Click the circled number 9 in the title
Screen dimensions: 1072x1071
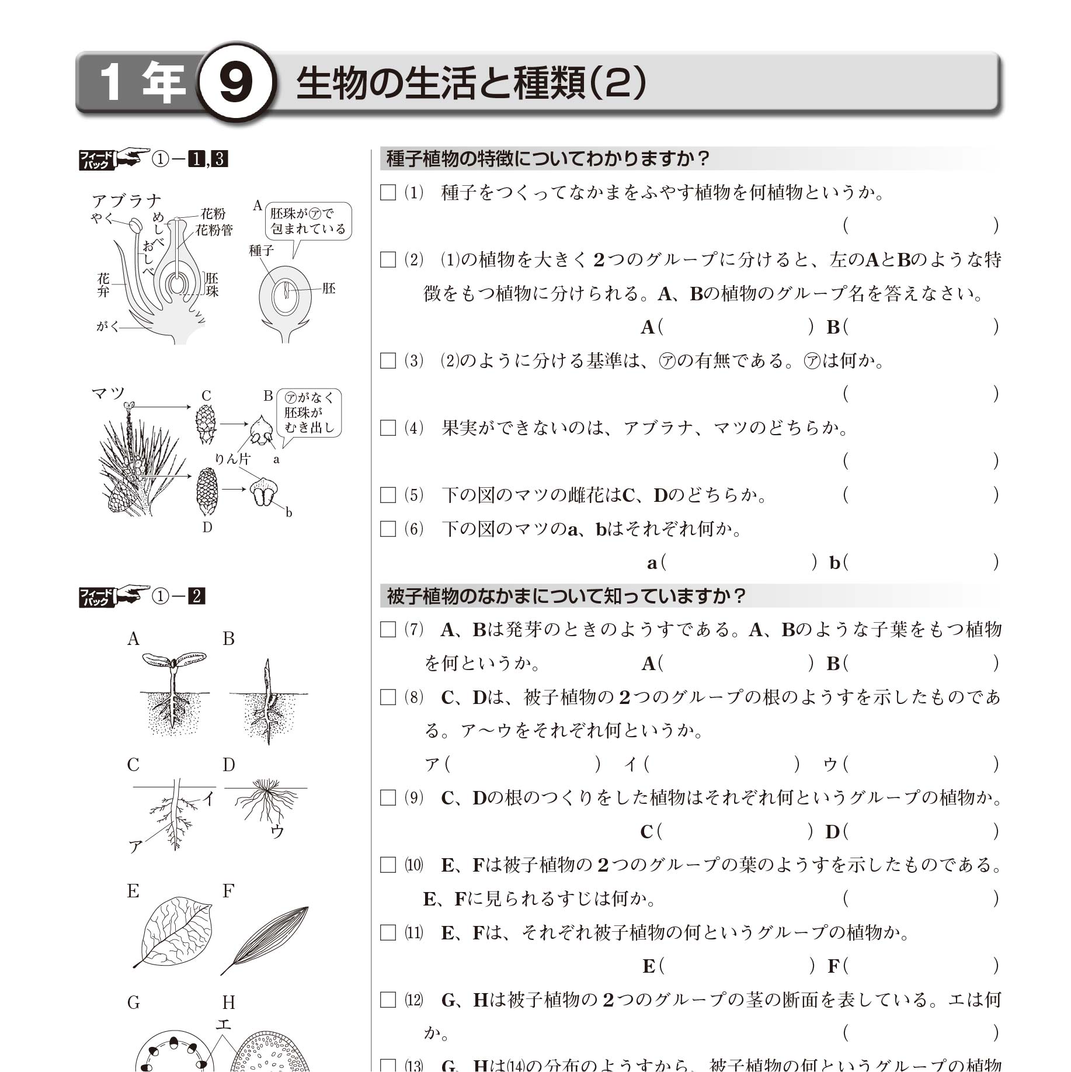(x=235, y=83)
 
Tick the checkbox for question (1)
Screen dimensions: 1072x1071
(x=388, y=193)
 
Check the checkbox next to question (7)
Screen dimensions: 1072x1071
(x=388, y=630)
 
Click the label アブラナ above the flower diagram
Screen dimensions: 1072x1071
(x=126, y=201)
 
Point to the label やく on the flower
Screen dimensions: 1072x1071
(x=102, y=218)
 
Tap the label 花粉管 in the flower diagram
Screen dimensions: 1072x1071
(x=214, y=230)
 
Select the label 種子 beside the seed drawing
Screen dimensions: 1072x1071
(x=261, y=251)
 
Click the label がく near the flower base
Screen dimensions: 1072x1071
(x=107, y=327)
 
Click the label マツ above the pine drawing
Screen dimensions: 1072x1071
(x=109, y=393)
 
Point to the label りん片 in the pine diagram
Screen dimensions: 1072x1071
(x=232, y=459)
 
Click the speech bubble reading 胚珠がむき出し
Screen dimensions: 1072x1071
(x=309, y=412)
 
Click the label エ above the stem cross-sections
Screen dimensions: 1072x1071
(x=224, y=1024)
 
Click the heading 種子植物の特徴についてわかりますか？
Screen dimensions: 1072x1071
(x=548, y=159)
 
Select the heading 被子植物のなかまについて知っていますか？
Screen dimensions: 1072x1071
(x=566, y=596)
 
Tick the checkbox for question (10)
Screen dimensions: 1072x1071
(x=388, y=865)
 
